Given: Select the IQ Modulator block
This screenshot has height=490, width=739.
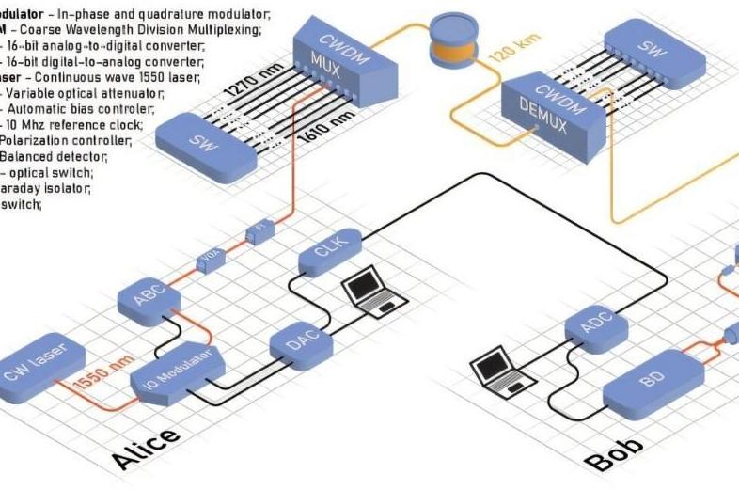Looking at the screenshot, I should click(x=177, y=371).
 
